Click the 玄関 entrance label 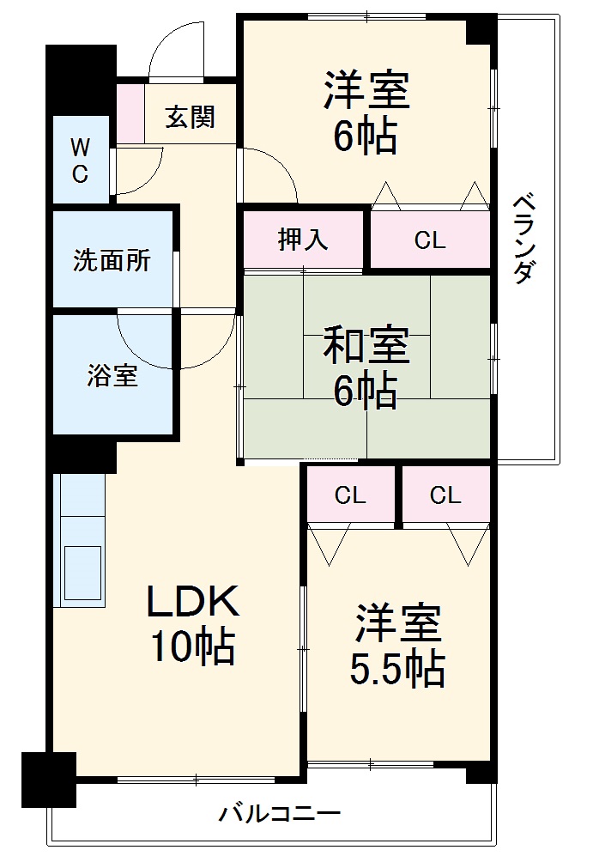coord(190,117)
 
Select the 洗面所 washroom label coord(112,260)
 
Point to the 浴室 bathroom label coord(112,375)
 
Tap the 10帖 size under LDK coord(192,647)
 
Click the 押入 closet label coord(303,240)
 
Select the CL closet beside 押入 coord(430,241)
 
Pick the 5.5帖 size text coord(397,668)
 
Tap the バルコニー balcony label coord(280,812)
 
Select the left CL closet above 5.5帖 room coord(350,495)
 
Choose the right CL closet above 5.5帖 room coord(445,495)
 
